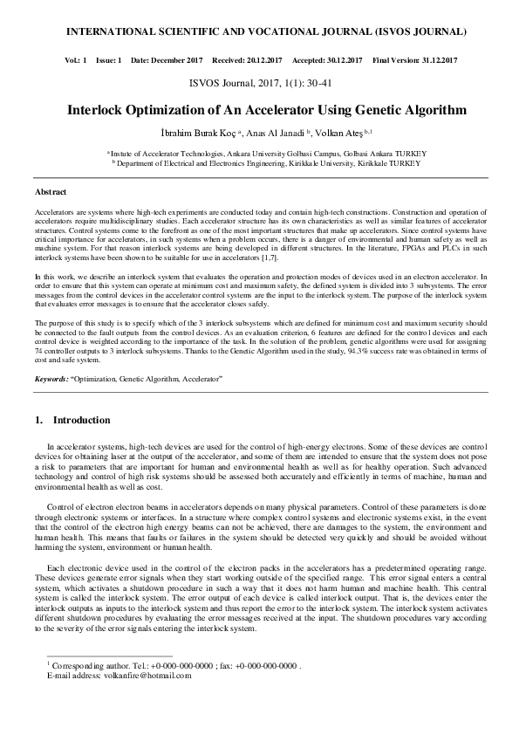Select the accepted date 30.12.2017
coord(338,60)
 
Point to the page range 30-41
coord(316,84)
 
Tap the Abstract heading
coord(51,191)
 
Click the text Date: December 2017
coord(166,60)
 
